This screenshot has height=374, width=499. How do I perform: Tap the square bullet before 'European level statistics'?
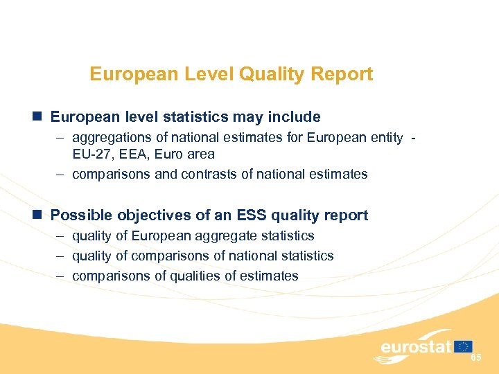40,116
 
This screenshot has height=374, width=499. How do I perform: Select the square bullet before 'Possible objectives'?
40,215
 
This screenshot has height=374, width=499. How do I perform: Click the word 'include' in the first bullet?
297,116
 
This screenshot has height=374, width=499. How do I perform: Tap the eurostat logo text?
416,346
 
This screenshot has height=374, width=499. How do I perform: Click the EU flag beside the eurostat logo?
464,346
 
